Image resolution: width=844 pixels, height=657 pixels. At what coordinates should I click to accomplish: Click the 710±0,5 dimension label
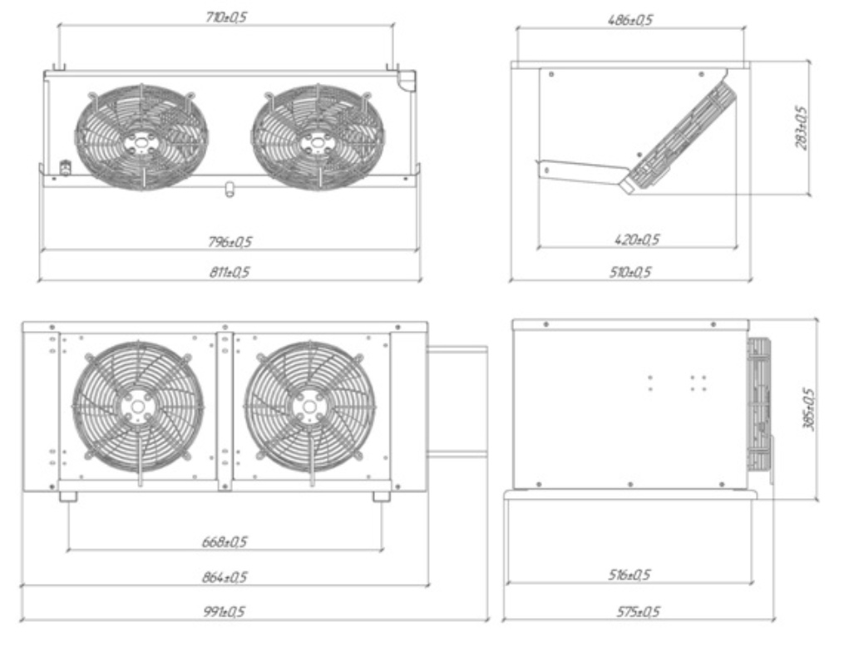[x=226, y=17]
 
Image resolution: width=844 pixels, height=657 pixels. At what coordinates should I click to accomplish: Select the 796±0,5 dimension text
[x=230, y=242]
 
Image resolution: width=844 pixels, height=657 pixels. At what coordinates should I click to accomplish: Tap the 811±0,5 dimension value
[x=230, y=272]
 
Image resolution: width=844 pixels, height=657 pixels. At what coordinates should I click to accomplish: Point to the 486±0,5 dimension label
[x=629, y=20]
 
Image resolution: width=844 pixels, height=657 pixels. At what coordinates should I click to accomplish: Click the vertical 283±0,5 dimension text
[x=801, y=127]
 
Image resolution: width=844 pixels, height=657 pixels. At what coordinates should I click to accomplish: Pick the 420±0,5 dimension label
[x=637, y=240]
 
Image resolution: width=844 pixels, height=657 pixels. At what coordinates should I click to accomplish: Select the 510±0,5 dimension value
[x=629, y=272]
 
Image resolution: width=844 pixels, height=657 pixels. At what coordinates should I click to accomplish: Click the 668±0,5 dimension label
[x=225, y=541]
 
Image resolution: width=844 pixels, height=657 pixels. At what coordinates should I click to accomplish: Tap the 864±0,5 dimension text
[x=225, y=577]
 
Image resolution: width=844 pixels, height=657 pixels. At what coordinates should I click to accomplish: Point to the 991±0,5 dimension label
[x=225, y=612]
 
